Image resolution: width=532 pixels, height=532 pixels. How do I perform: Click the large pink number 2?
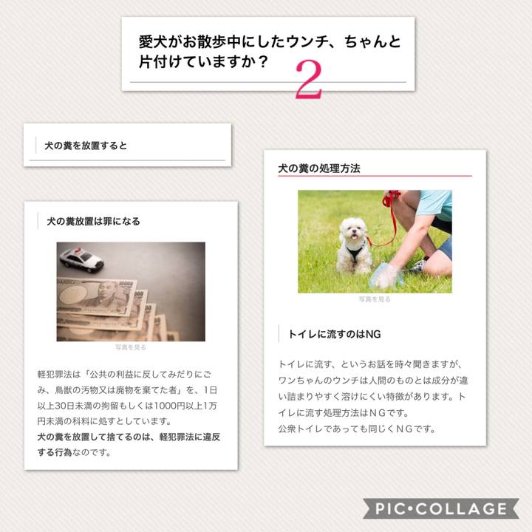point(309,79)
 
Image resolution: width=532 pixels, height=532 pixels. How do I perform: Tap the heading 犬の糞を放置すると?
point(86,146)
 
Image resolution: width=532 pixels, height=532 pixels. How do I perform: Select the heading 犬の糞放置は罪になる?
point(93,221)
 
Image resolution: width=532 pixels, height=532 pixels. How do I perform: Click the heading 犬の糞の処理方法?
point(319,168)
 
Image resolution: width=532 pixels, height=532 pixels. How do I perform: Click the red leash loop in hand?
point(390,198)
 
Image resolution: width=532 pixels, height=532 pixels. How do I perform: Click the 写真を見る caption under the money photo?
point(131,347)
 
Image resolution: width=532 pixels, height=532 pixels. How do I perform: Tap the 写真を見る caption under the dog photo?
point(375,299)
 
